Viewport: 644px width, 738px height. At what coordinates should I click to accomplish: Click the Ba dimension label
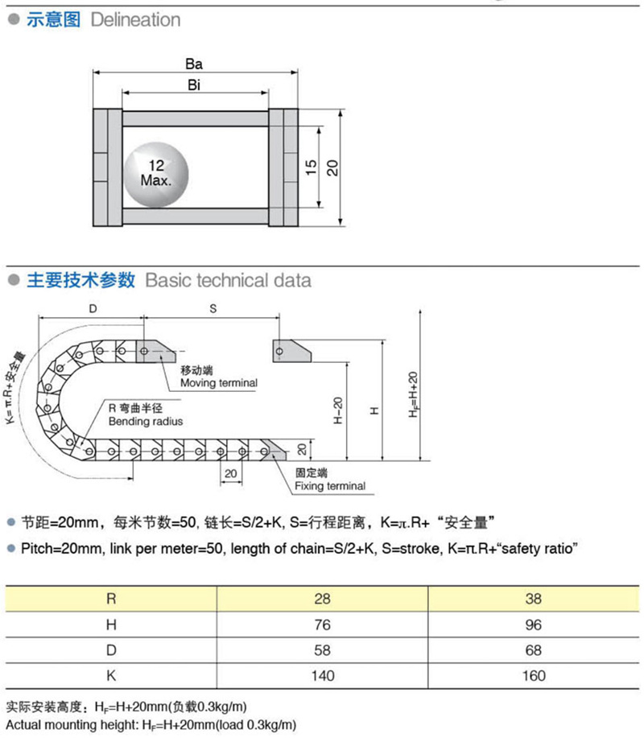pos(193,65)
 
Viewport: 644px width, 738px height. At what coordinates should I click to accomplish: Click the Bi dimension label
pos(194,85)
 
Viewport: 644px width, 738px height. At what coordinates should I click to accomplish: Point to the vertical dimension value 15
pos(311,167)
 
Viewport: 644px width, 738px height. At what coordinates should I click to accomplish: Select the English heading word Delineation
pos(135,20)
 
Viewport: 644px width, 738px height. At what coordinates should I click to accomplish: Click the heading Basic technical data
pos(228,280)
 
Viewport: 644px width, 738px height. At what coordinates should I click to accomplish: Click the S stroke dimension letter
pos(213,308)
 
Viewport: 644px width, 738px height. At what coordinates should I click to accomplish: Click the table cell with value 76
pos(323,625)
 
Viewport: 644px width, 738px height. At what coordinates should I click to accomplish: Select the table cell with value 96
pos(533,625)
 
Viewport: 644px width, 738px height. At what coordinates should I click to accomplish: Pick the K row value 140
pos(323,675)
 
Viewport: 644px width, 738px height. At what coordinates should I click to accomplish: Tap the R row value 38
pos(533,599)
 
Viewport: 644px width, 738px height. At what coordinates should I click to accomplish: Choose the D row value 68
pos(533,650)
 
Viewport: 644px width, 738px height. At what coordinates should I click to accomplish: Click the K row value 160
pos(533,675)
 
